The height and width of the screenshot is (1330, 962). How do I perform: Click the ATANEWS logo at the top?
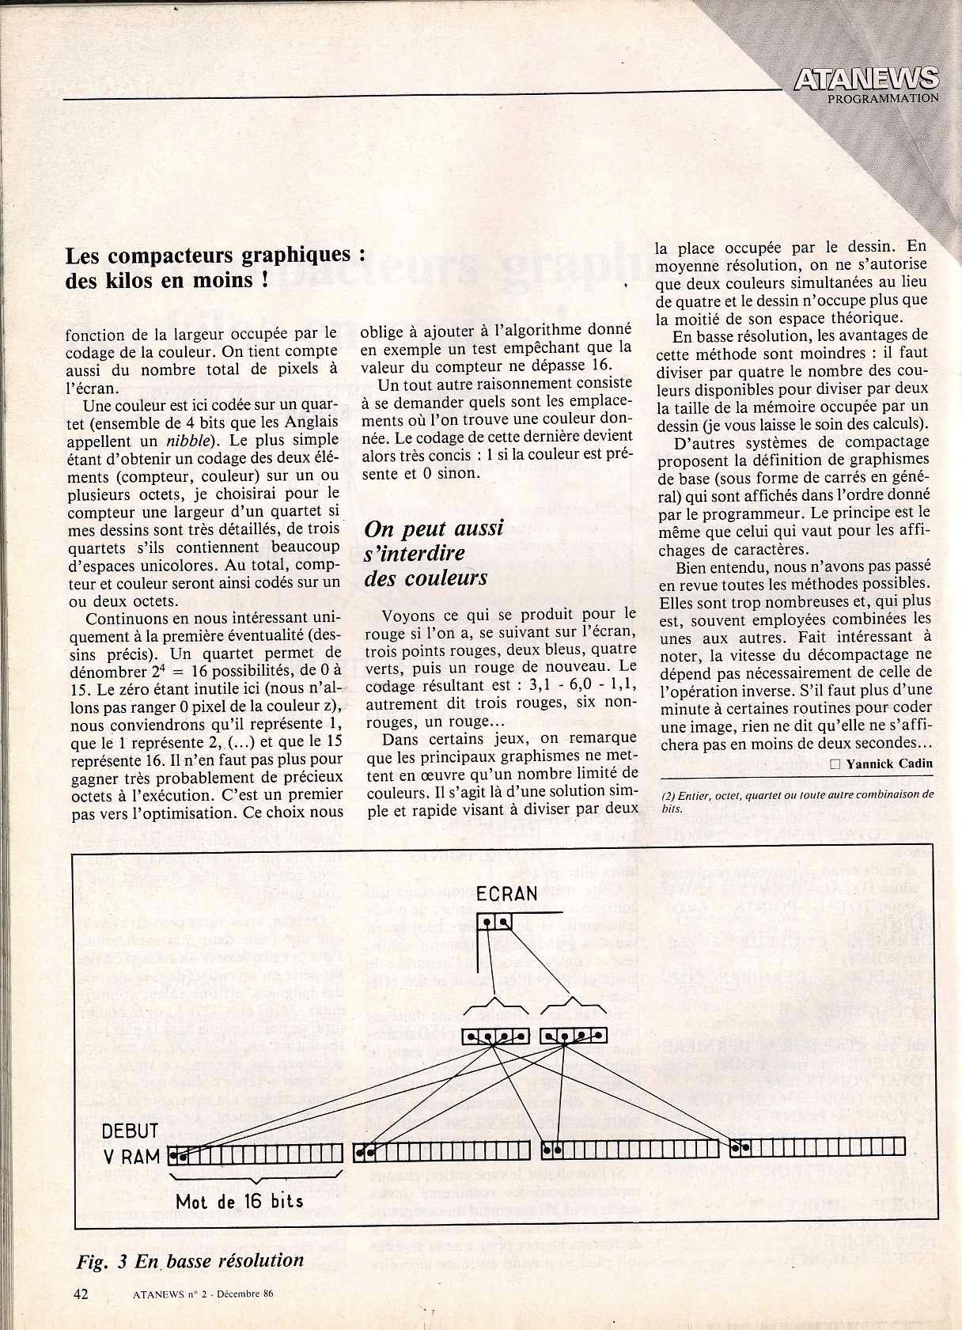(x=865, y=79)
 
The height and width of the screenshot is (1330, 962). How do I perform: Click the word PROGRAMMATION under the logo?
(x=883, y=99)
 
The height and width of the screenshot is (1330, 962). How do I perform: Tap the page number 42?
(x=80, y=1293)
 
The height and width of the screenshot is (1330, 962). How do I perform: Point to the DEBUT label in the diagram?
(x=130, y=1131)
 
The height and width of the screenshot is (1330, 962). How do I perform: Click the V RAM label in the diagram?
(x=131, y=1157)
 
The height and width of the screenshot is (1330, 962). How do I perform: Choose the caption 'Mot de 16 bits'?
(x=239, y=1201)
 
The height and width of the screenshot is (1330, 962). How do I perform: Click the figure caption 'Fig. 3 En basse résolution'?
(x=190, y=1261)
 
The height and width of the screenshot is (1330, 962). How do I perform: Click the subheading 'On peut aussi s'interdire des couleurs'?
(x=434, y=553)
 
